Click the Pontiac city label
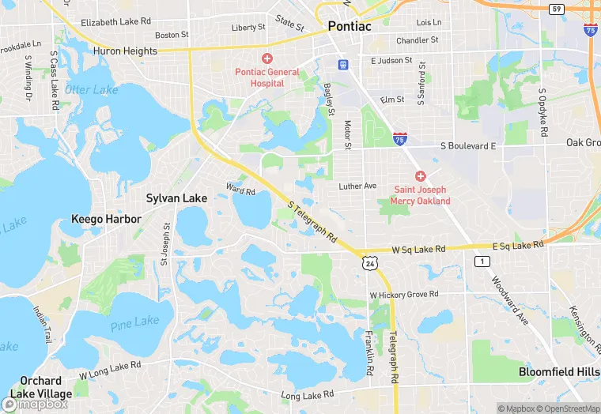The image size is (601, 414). click(349, 26)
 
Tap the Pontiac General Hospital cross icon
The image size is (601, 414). click(267, 58)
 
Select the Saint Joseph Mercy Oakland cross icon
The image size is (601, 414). click(421, 175)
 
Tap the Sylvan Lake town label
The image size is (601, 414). click(176, 198)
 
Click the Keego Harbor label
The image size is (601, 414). click(106, 219)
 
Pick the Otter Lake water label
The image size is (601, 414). click(91, 90)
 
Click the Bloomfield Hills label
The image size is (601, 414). click(559, 371)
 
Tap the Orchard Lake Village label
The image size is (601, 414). click(46, 387)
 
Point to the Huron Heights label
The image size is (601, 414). click(125, 51)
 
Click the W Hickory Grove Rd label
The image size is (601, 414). click(404, 295)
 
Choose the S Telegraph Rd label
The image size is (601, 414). click(313, 221)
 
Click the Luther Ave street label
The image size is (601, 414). click(357, 186)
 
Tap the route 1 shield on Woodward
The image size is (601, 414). click(481, 262)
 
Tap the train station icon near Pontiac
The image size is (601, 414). click(342, 64)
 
